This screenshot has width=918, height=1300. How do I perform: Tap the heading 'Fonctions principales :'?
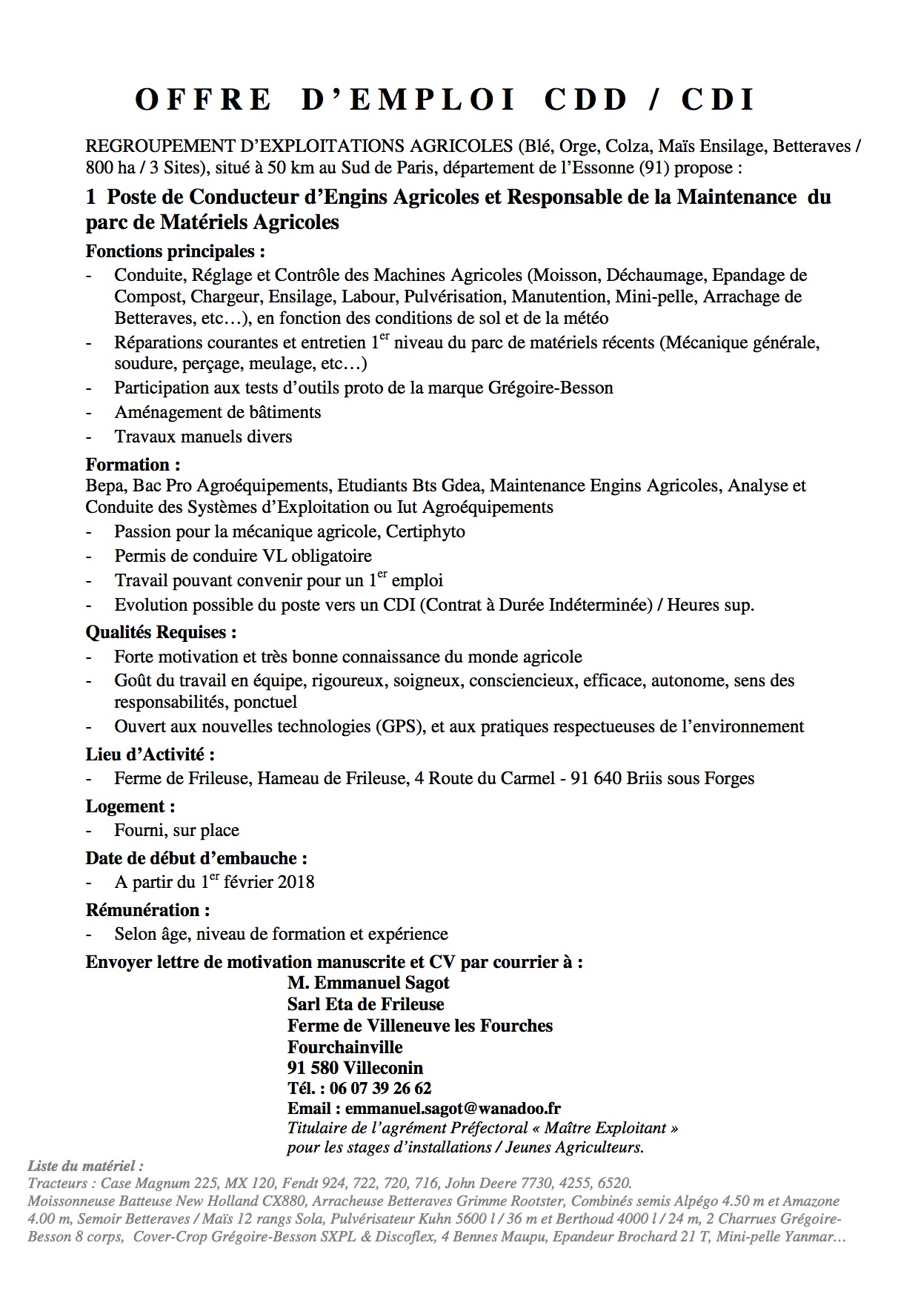coord(176,251)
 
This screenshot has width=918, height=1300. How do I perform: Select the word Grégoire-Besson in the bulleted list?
coord(551,388)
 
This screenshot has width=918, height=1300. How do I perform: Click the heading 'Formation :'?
coord(133,465)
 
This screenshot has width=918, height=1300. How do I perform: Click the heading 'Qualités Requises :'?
coord(162,632)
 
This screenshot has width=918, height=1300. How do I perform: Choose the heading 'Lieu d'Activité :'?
coord(150,755)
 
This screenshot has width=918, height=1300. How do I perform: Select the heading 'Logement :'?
coord(130,806)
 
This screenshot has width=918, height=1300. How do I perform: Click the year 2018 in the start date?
coord(296,882)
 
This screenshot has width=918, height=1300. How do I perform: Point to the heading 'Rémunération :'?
coord(148,910)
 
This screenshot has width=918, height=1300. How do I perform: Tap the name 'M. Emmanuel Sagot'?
coord(368,983)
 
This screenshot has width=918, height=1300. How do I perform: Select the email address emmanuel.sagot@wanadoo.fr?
coord(453,1109)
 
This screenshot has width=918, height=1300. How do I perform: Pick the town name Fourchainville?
coord(345,1047)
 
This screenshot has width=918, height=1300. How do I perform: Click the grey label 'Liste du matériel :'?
coord(85,1166)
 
